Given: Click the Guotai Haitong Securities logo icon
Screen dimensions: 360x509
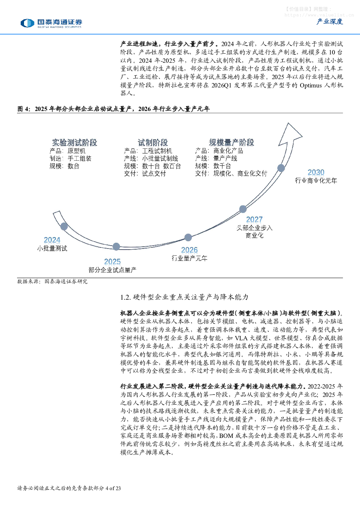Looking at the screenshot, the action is [27, 23].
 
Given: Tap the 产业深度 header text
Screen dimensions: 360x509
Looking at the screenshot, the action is [330, 22].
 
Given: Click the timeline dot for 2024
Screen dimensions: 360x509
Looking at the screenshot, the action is [64, 226].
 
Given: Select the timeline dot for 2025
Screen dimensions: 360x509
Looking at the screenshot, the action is [116, 247].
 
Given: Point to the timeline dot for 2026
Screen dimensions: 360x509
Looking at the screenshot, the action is [188, 237].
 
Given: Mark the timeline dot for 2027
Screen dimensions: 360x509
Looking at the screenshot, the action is [243, 209].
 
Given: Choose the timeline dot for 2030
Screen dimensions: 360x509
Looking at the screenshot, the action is [281, 168].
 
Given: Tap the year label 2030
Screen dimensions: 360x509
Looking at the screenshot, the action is [316, 172].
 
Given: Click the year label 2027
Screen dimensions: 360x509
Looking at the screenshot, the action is [254, 219].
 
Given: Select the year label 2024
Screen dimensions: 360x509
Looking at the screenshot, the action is [52, 240].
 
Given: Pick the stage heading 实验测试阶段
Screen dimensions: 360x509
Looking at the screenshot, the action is [74, 143].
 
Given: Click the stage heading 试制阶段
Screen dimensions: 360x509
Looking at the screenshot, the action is [153, 143].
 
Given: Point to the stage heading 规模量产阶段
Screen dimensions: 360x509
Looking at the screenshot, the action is [232, 143].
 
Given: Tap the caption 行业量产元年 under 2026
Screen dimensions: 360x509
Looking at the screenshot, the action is [189, 258].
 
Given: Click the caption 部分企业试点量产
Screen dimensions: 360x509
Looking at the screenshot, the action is [112, 270].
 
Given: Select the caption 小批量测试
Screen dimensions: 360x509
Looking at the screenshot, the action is [52, 248].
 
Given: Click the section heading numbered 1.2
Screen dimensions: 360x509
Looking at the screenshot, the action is [184, 297].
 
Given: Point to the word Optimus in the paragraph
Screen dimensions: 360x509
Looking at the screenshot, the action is [311, 86].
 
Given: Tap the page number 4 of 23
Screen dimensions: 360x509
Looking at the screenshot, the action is [113, 488].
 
